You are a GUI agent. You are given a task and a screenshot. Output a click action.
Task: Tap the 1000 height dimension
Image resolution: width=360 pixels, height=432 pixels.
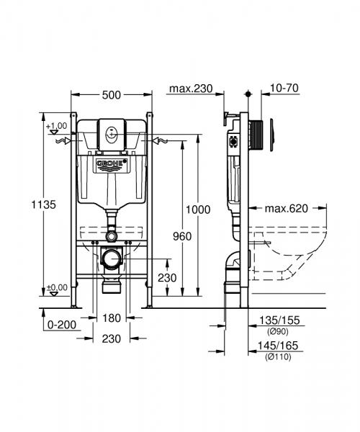[x=198, y=210]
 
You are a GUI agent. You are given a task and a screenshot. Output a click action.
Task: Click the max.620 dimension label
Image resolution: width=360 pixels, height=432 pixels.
[x=287, y=210]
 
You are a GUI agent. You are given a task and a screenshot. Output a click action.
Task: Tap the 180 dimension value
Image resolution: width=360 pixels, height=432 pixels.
[x=112, y=318]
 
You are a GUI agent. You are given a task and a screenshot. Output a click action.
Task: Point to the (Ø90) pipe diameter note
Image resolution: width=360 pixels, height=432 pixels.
[x=278, y=332]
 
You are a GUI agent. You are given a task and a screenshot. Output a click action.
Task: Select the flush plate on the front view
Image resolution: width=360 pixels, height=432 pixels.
[x=112, y=133]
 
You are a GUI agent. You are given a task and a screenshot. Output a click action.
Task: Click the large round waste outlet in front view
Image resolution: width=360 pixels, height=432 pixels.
[x=112, y=259]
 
